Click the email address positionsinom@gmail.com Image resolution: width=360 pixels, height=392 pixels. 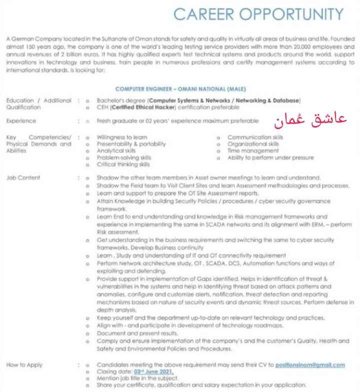click(x=310, y=365)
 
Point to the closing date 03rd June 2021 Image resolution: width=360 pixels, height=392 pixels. click(x=153, y=372)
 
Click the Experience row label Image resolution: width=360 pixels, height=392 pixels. click(x=21, y=121)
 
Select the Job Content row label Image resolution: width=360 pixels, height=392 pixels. click(x=23, y=177)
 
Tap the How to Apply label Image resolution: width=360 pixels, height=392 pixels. click(x=24, y=365)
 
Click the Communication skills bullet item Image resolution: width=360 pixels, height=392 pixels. click(x=255, y=137)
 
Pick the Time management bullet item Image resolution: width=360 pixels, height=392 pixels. click(x=253, y=150)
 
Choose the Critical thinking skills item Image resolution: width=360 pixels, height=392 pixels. click(x=123, y=164)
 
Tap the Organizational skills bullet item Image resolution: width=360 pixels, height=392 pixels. click(x=253, y=144)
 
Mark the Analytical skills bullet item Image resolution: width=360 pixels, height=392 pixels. click(x=116, y=150)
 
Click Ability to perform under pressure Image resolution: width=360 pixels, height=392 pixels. click(x=270, y=157)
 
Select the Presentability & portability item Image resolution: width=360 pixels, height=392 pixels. click(x=131, y=144)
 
